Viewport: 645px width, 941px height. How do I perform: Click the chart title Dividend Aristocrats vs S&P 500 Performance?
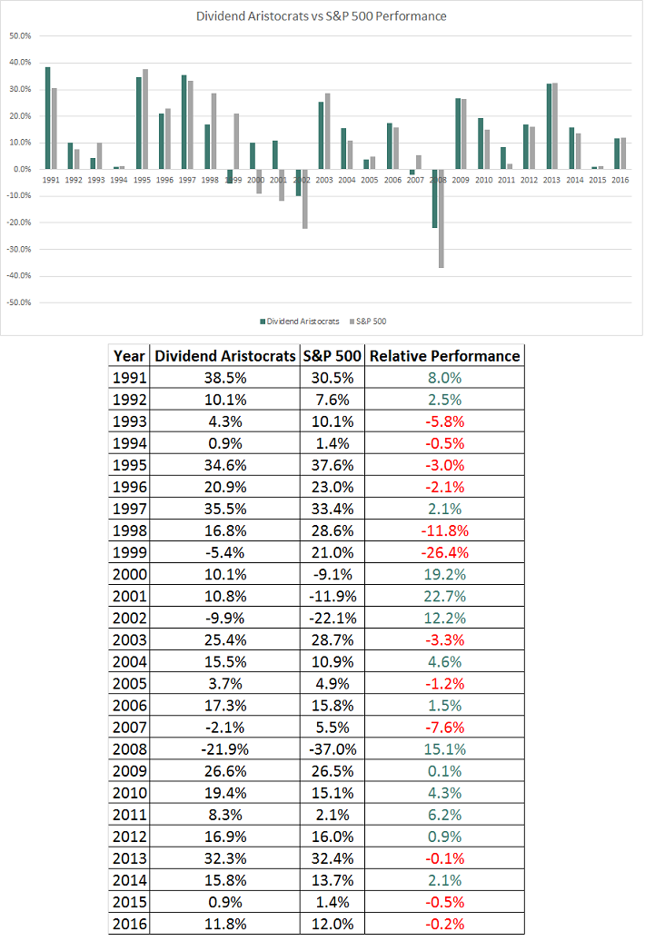pos(322,16)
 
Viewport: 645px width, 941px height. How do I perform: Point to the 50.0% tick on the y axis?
pos(20,36)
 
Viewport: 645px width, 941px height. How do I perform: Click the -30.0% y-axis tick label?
pos(19,249)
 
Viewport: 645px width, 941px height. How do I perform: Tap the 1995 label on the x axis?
pos(143,180)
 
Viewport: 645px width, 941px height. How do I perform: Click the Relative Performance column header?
pos(444,356)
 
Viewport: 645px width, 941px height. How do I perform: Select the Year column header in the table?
pos(129,356)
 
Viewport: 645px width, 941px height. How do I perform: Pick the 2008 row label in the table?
pos(130,748)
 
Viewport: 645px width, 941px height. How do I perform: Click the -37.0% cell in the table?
pos(332,748)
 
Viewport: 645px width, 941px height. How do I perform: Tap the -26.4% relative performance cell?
pos(444,552)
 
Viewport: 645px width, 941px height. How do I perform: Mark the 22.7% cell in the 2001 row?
pos(444,596)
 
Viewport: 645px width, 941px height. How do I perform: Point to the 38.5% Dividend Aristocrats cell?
pos(225,378)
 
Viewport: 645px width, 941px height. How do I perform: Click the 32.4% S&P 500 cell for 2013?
pos(332,857)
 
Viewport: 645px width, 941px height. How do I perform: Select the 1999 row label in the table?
pos(130,552)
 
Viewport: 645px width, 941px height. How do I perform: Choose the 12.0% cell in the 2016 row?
pos(332,923)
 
